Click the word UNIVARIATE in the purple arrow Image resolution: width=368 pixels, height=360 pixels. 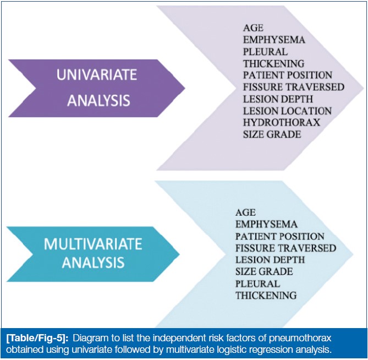coord(97,75)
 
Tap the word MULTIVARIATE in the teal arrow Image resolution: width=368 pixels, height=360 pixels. coord(93,244)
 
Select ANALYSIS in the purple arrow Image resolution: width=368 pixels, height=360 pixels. coord(98,100)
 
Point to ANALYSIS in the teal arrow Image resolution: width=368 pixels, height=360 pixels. coord(93,263)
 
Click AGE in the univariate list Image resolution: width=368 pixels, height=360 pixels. coord(253,28)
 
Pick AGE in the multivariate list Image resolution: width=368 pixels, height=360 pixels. coord(245,212)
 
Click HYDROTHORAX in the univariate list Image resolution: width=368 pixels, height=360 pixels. coord(282,123)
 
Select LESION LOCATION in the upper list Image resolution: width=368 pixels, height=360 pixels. coord(287,111)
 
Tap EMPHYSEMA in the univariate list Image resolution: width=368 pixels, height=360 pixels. coord(274,40)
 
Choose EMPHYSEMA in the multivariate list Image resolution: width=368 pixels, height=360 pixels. coord(267,224)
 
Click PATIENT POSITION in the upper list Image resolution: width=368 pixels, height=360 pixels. coord(288,75)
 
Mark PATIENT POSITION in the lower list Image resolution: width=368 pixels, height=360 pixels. coord(280,236)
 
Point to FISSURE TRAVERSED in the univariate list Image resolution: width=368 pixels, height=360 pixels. coord(294,87)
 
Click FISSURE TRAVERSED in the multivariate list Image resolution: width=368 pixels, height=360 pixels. coord(286,248)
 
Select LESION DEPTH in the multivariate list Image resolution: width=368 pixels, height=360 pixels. coord(270,260)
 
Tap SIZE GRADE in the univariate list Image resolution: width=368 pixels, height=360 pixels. coord(272,134)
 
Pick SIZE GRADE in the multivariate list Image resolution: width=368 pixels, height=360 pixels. coord(264,272)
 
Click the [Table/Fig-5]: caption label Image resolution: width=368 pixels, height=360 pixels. coord(37,339)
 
